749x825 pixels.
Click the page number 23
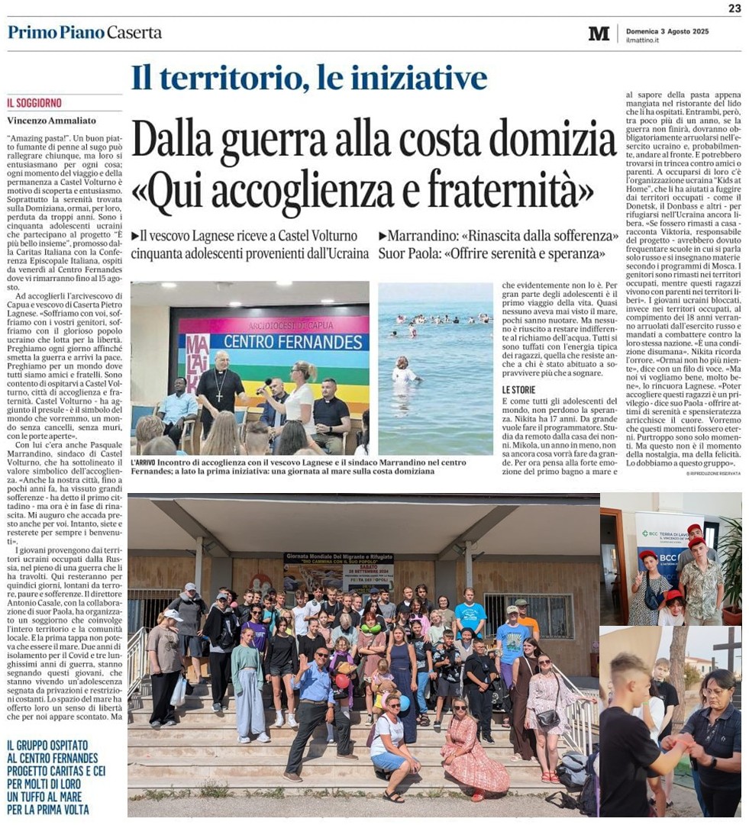click(734, 8)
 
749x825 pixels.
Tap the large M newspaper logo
click(599, 33)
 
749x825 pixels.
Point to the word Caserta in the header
click(134, 32)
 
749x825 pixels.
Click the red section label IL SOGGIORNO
click(34, 103)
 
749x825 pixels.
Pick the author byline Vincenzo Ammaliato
click(52, 121)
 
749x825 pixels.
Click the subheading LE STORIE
click(518, 389)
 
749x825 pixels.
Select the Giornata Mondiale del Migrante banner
click(339, 569)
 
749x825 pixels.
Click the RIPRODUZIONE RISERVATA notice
click(713, 474)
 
